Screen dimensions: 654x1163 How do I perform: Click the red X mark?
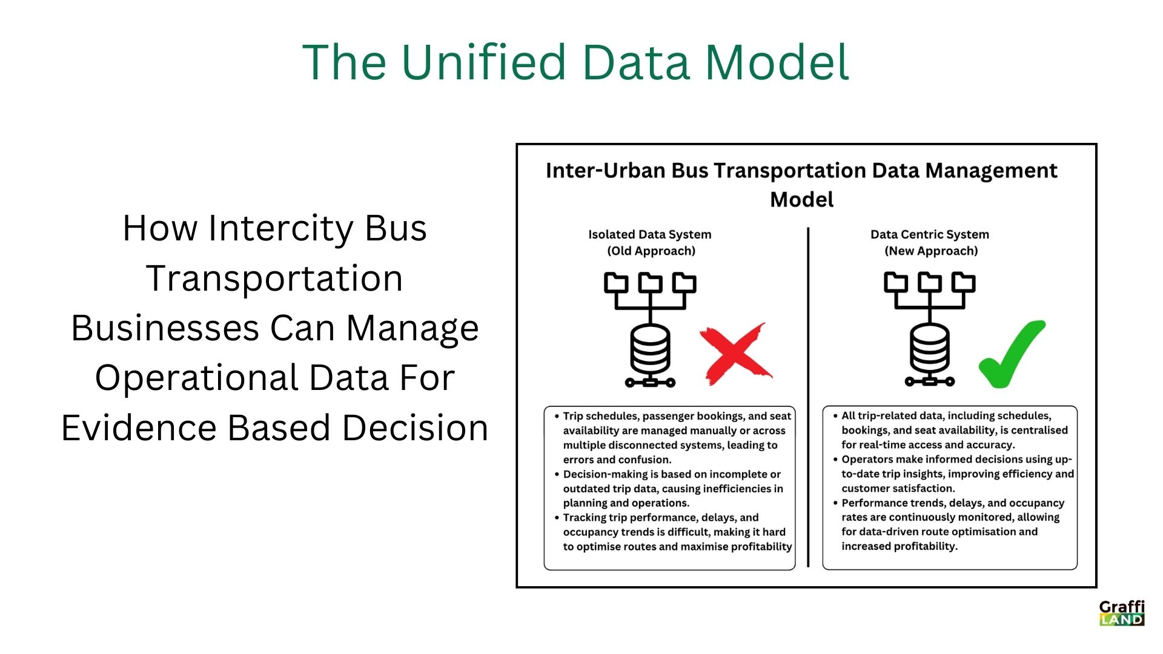pyautogui.click(x=735, y=354)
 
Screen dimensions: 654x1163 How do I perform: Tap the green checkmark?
pyautogui.click(x=1012, y=354)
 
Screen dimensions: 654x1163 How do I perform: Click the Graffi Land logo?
pyautogui.click(x=1122, y=613)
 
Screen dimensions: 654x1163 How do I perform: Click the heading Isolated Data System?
pyautogui.click(x=649, y=234)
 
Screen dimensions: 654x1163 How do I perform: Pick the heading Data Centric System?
pyautogui.click(x=929, y=234)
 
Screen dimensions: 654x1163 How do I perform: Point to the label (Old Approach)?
pyautogui.click(x=651, y=251)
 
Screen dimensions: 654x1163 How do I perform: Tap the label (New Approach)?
pyautogui.click(x=931, y=251)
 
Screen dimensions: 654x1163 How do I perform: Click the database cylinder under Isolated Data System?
pyautogui.click(x=650, y=351)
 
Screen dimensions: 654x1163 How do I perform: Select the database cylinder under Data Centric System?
pyautogui.click(x=930, y=351)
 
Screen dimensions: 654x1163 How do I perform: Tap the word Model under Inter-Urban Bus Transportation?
pyautogui.click(x=801, y=200)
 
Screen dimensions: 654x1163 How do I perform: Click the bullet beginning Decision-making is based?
pyautogui.click(x=672, y=489)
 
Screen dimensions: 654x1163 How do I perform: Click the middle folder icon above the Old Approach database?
pyautogui.click(x=650, y=283)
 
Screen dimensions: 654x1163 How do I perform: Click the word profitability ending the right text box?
pyautogui.click(x=929, y=546)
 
